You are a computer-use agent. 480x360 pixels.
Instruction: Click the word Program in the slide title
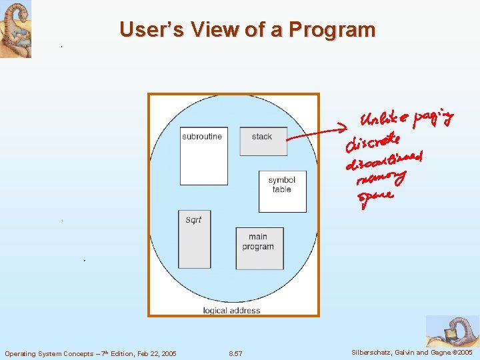tap(338, 30)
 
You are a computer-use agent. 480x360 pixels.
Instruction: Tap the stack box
tap(263, 141)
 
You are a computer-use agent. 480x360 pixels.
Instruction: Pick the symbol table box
tap(282, 191)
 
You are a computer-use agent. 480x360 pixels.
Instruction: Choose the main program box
tap(259, 247)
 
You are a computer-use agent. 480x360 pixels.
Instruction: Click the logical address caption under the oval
tap(231, 311)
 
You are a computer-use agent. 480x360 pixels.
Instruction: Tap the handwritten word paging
tap(434, 119)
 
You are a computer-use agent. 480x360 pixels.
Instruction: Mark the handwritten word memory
tap(381, 178)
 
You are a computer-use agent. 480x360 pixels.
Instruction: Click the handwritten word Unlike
tap(383, 119)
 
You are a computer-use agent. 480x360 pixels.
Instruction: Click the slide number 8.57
tap(235, 353)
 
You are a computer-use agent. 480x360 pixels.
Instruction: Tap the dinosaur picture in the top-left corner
tap(15, 29)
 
